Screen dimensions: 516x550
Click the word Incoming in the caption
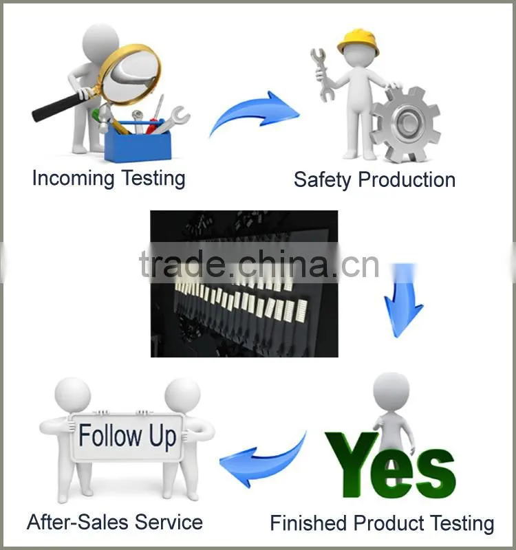tap(73, 179)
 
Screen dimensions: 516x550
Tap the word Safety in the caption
tap(322, 180)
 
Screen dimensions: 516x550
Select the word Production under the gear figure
tap(407, 179)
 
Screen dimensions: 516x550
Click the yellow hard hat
tap(358, 43)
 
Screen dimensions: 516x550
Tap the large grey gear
tap(406, 124)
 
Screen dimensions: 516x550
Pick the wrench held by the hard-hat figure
tap(322, 74)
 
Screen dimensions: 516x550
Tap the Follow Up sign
tap(127, 437)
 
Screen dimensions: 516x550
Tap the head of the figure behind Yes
tap(391, 390)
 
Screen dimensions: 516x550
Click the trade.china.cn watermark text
tap(259, 264)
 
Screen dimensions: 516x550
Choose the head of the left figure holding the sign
tap(73, 395)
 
